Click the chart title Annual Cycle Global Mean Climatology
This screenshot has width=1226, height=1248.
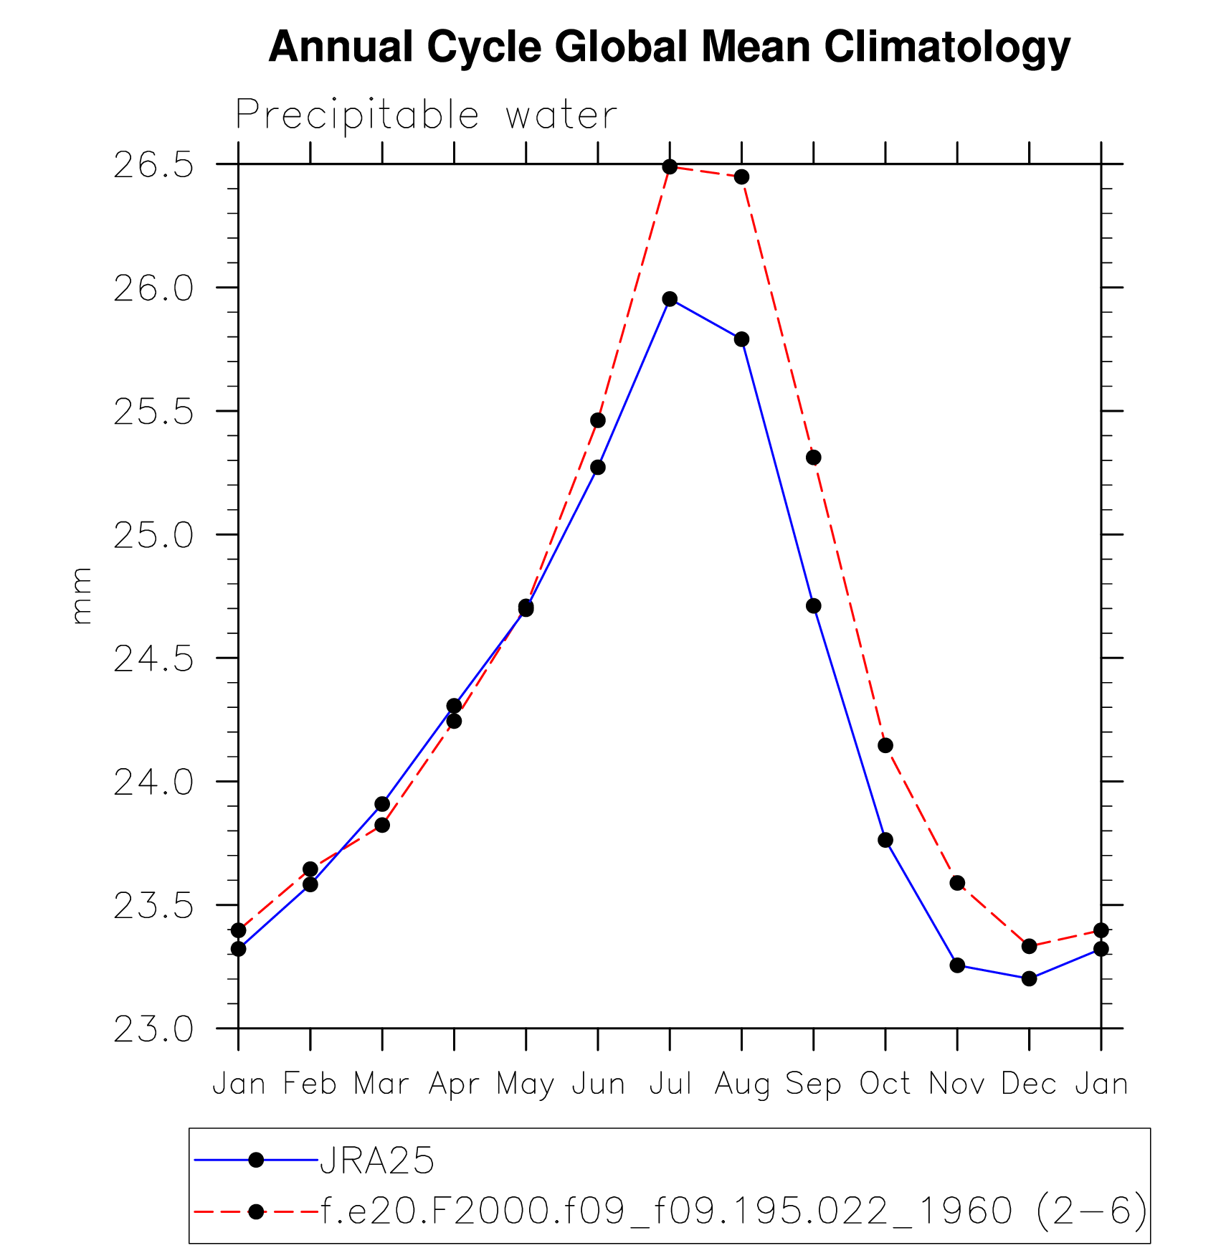click(x=669, y=47)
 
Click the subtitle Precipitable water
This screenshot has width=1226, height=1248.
click(x=426, y=115)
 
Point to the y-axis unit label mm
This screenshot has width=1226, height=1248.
click(x=81, y=595)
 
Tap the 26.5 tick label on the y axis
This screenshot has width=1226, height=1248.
click(x=154, y=165)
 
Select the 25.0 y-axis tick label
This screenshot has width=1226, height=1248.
click(x=154, y=535)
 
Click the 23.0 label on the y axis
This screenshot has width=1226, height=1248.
click(x=154, y=1029)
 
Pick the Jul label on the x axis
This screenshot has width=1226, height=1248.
click(x=670, y=1083)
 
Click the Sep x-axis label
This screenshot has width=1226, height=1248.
click(x=813, y=1083)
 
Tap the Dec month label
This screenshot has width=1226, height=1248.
click(x=1029, y=1083)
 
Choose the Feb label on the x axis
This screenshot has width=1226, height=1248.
click(x=310, y=1083)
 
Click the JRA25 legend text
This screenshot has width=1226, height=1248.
click(x=377, y=1160)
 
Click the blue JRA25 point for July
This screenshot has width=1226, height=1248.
click(x=670, y=299)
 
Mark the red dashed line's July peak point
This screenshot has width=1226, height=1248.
click(x=670, y=167)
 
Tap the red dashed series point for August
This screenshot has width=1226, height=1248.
click(x=741, y=177)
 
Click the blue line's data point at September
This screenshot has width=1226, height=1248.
click(x=813, y=606)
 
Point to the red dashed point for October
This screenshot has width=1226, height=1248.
click(x=885, y=746)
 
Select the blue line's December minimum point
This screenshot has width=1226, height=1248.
click(x=1029, y=978)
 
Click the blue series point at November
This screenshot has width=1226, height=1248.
click(x=957, y=965)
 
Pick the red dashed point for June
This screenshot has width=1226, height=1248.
click(x=598, y=420)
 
